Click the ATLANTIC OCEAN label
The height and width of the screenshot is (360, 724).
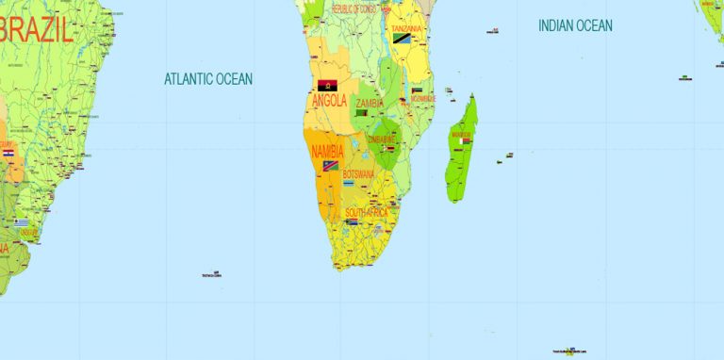coord(208,79)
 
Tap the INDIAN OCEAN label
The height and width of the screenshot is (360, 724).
coord(575,25)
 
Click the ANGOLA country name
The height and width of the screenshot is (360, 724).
coord(329,101)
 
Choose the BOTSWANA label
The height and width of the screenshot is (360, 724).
coord(358,174)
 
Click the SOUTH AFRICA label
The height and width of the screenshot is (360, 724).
coord(366,213)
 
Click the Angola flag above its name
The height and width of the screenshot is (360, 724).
coord(328,85)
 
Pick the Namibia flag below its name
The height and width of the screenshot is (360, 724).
coord(330,165)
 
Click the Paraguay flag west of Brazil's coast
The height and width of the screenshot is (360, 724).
coord(8,153)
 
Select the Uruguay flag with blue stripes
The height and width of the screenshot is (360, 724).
coord(21,222)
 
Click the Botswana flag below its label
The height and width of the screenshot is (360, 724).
coord(350,183)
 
